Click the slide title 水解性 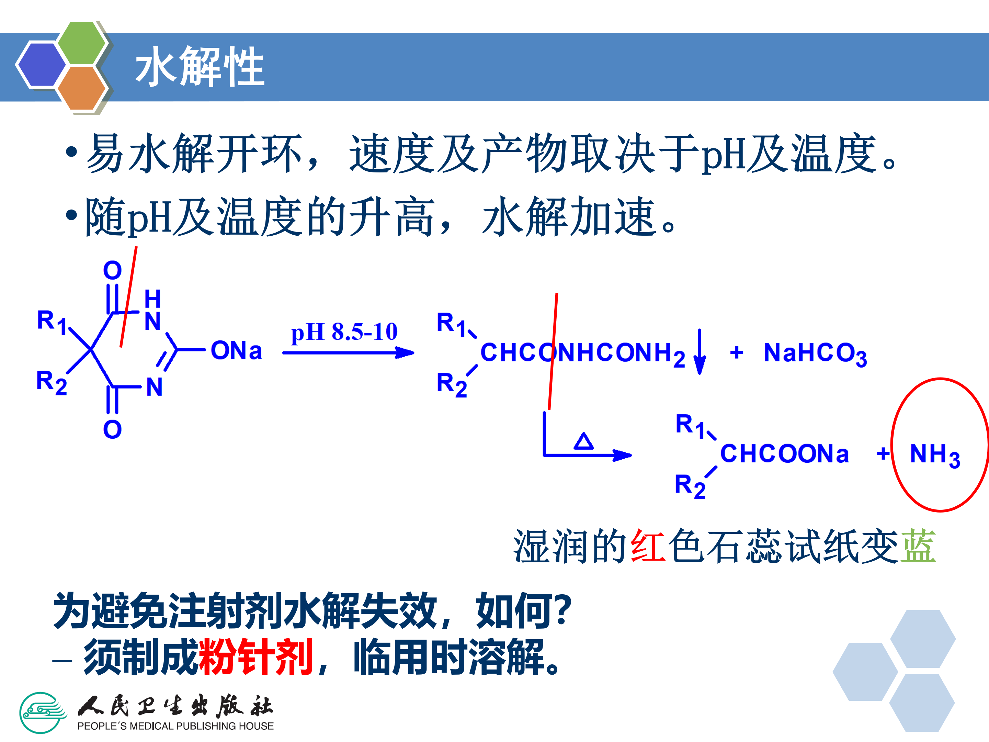[200, 67]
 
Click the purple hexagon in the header [41, 64]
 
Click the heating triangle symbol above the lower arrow [583, 441]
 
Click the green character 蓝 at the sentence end [918, 546]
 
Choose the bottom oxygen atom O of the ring [112, 429]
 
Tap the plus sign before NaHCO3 [736, 353]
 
